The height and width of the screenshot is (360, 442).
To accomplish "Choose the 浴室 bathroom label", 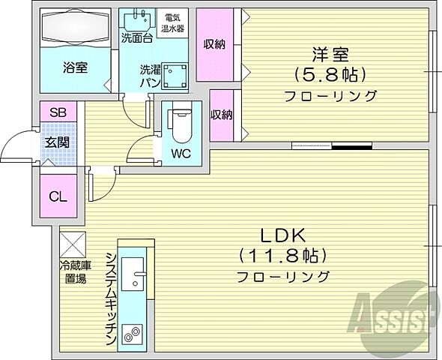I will (75, 67).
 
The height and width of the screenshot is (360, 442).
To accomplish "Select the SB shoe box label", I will (58, 112).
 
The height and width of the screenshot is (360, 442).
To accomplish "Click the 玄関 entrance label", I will (58, 142).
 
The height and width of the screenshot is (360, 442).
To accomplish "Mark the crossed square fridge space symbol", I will (73, 243).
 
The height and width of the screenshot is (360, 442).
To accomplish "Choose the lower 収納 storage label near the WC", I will (220, 115).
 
